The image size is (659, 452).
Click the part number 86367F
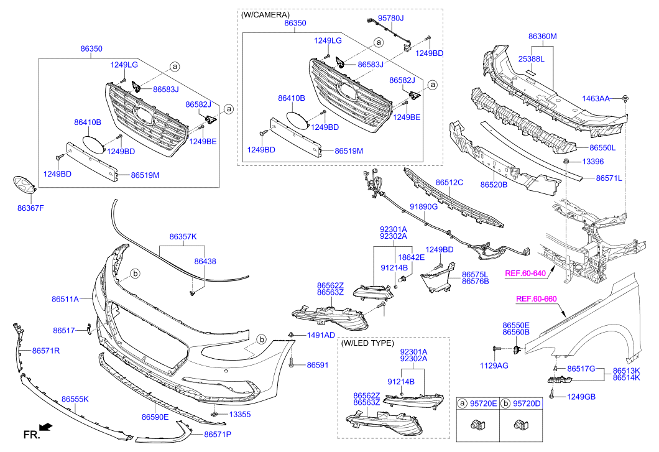pos(30,208)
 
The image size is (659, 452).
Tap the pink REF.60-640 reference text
pos(525,273)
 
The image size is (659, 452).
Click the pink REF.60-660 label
pos(537,299)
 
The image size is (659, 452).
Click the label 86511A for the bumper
pos(65,299)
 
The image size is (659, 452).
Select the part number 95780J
pos(392,19)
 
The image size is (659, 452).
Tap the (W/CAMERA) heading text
pos(265,14)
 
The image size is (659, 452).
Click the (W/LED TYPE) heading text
pos(367,343)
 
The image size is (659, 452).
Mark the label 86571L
pos(609,178)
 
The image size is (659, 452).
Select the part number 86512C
pos(449,183)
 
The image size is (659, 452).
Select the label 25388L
pos(532,59)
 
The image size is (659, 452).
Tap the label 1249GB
pos(582,397)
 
